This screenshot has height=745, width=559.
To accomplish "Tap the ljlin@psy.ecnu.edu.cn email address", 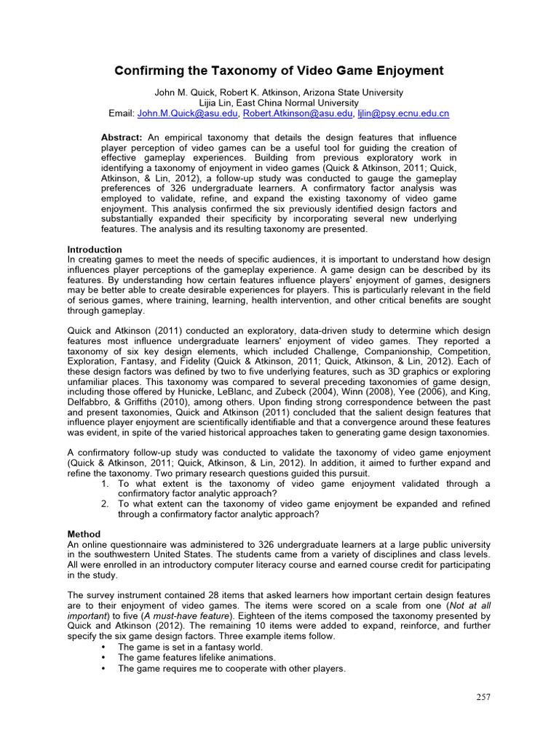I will point(403,113).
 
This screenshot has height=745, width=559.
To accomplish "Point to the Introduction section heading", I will point(95,250).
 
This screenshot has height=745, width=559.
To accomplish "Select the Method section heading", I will point(84,534).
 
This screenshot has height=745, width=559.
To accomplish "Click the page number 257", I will point(483,697).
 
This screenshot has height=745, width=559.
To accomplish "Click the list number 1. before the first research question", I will point(105,484).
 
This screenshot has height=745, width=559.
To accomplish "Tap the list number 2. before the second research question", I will point(105,504).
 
